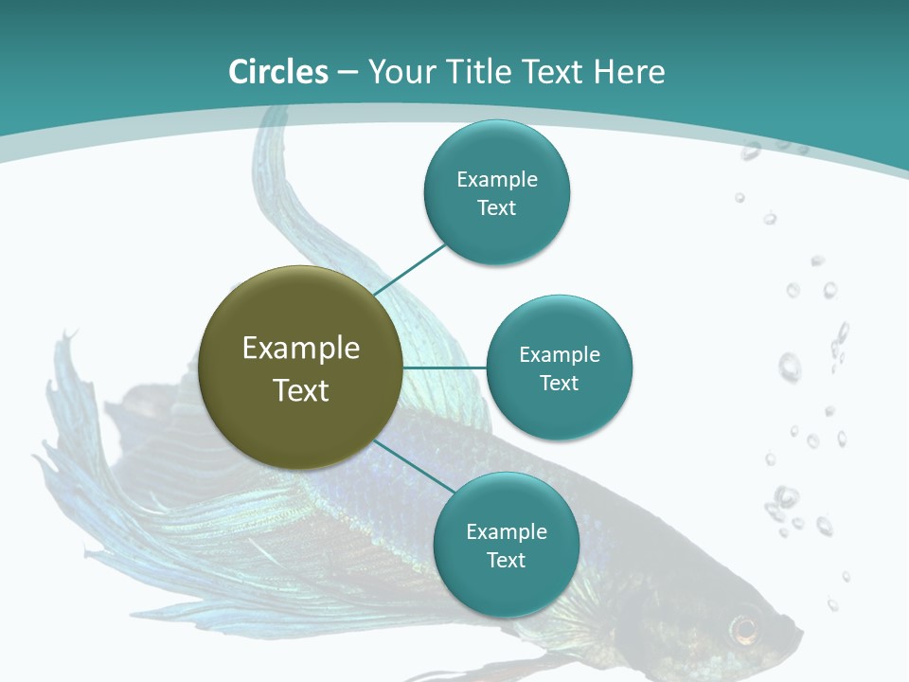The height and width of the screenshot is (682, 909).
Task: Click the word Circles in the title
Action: pos(277,72)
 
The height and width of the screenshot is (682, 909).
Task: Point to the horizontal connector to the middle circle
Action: pos(444,367)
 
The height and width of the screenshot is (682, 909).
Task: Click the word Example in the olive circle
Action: pos(301,349)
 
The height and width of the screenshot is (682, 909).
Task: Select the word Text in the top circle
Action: pos(496,207)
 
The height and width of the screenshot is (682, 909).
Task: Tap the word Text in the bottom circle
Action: pos(506,560)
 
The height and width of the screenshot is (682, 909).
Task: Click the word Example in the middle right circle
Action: pos(559,354)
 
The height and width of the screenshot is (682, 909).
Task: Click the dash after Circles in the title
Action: pos(347,73)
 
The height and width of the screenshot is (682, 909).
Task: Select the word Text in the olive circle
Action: pos(301,390)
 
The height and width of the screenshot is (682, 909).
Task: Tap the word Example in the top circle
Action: pos(496,179)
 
